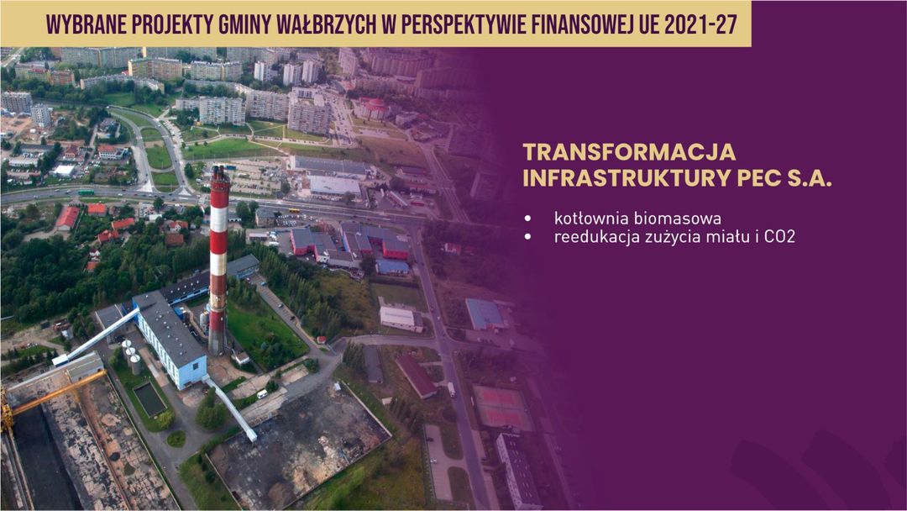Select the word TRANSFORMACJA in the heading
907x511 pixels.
click(x=629, y=152)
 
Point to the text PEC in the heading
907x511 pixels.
click(x=763, y=179)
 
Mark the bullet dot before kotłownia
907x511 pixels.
click(x=527, y=219)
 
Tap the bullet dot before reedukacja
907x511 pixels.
click(x=527, y=237)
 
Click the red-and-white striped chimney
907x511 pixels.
click(x=218, y=261)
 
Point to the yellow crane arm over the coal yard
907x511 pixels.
click(x=55, y=393)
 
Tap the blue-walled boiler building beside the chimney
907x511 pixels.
click(x=170, y=340)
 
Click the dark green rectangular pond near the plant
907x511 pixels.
click(x=149, y=399)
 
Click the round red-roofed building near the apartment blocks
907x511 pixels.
click(x=372, y=108)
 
